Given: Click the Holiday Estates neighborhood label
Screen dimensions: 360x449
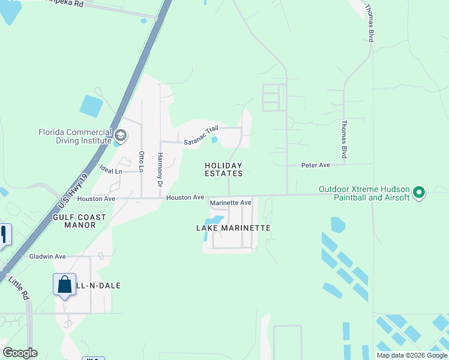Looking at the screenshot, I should coord(223,170).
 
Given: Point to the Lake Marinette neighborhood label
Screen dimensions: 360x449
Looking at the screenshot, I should coord(234,228).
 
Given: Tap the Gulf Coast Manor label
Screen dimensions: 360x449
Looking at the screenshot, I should coord(80,221).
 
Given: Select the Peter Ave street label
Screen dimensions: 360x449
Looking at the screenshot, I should coord(316,165).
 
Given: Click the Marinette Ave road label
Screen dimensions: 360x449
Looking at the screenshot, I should coord(231,203).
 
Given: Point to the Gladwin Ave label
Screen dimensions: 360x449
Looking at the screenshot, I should coord(47,256).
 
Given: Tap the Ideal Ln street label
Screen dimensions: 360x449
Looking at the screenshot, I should coord(110,171).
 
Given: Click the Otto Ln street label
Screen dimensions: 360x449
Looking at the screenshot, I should coord(142,161).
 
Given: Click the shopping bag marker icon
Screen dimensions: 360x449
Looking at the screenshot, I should coord(64,284).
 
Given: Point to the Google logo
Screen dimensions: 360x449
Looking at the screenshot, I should coord(20,353).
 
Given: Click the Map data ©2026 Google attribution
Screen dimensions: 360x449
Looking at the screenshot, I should coord(412,355).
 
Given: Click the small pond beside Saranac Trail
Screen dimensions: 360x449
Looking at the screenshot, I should coord(214,140).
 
